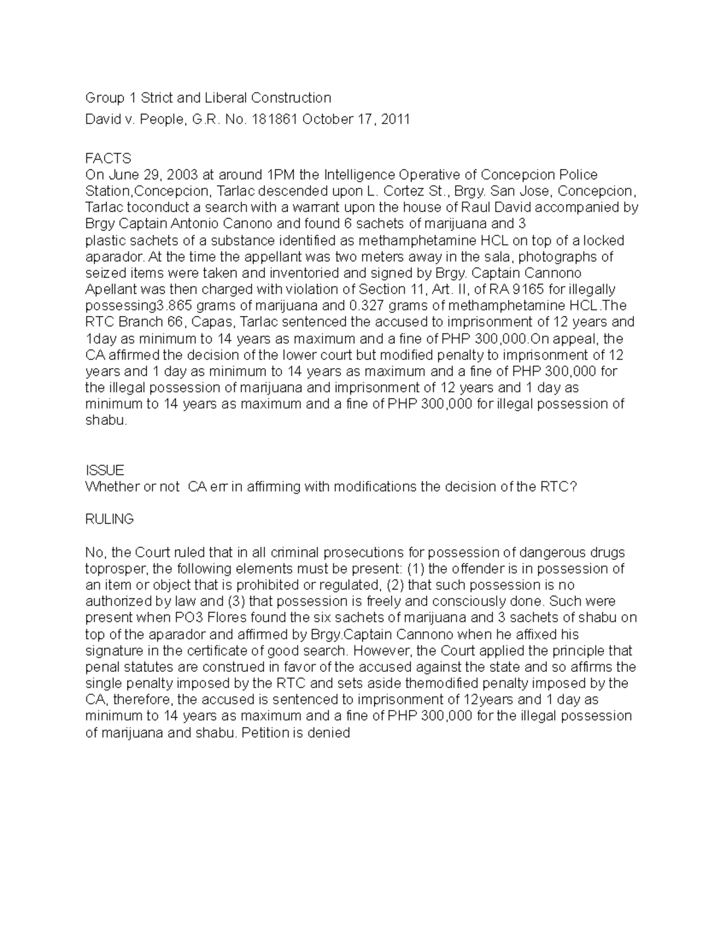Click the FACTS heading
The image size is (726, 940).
108,159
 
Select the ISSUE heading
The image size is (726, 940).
105,470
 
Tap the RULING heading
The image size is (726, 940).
110,519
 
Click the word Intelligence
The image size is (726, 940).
361,175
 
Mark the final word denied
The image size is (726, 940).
332,732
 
